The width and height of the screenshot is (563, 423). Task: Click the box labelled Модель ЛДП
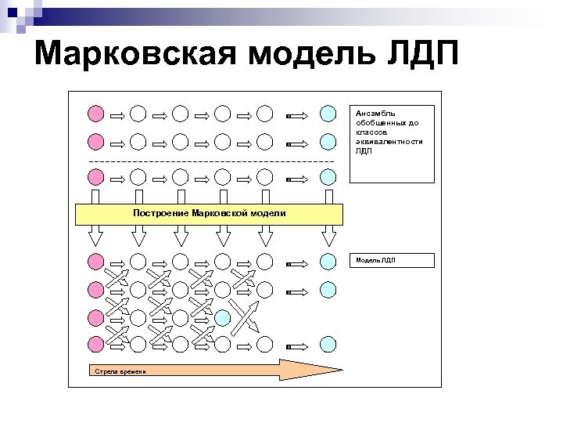391,260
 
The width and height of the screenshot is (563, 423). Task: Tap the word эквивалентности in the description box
389,142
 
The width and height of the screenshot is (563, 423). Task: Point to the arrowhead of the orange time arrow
307,370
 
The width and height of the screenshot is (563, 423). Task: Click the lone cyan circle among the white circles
223,317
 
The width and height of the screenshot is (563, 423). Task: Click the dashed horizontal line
211,161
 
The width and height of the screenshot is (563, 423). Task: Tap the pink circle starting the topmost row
95,114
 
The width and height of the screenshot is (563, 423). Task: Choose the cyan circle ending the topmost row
328,114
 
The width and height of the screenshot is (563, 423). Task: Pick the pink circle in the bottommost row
95,344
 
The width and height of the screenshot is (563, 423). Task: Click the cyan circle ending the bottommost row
328,344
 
